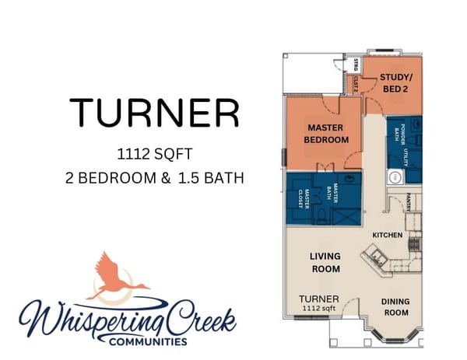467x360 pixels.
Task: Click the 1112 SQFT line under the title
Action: [154, 152]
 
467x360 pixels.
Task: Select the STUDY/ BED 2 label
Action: [395, 83]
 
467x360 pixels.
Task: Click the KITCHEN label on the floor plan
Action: [387, 235]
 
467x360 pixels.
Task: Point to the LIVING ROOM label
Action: [325, 262]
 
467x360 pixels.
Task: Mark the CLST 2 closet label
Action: [355, 83]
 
